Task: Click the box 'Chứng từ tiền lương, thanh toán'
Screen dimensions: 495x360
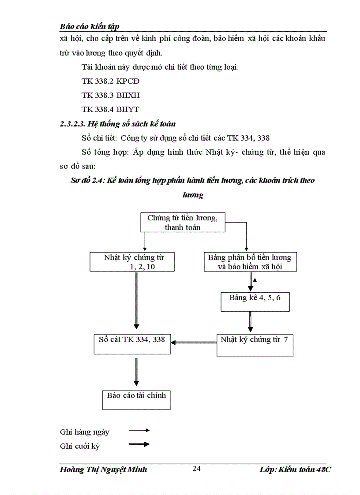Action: [x=183, y=223]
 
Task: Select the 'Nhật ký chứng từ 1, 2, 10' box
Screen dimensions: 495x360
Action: [x=133, y=262]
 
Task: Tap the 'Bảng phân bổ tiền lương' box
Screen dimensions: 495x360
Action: [x=250, y=262]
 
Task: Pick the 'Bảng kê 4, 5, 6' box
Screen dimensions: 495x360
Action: [x=255, y=301]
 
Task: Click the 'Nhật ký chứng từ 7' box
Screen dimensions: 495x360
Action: [x=255, y=345]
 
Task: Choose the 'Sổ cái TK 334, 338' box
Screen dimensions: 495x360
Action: [x=132, y=343]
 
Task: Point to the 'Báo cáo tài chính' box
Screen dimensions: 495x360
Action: [x=136, y=399]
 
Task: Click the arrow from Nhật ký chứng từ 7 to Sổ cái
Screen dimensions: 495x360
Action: [x=194, y=342]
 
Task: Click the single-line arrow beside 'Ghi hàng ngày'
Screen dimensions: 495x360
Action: [x=139, y=430]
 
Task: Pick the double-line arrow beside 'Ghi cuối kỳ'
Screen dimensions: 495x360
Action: [x=139, y=444]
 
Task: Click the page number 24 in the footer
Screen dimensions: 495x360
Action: [x=197, y=469]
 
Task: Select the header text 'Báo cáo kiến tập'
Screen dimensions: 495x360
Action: [x=90, y=26]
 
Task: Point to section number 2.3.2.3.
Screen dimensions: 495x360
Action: [x=73, y=124]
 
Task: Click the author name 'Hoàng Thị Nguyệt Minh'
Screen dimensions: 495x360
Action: [x=103, y=469]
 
